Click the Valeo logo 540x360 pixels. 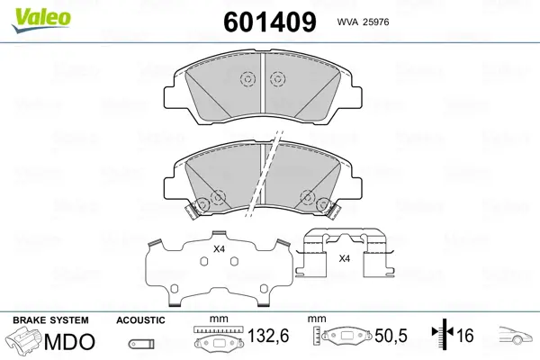(41, 21)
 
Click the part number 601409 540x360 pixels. (270, 22)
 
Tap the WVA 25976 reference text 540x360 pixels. (363, 22)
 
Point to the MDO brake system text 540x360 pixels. (69, 342)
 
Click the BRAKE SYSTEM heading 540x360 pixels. (50, 320)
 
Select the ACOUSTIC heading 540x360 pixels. (140, 320)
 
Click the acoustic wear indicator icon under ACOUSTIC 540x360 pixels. (141, 344)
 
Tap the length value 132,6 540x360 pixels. (268, 336)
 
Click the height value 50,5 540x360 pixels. (391, 336)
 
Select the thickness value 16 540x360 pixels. (464, 336)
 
